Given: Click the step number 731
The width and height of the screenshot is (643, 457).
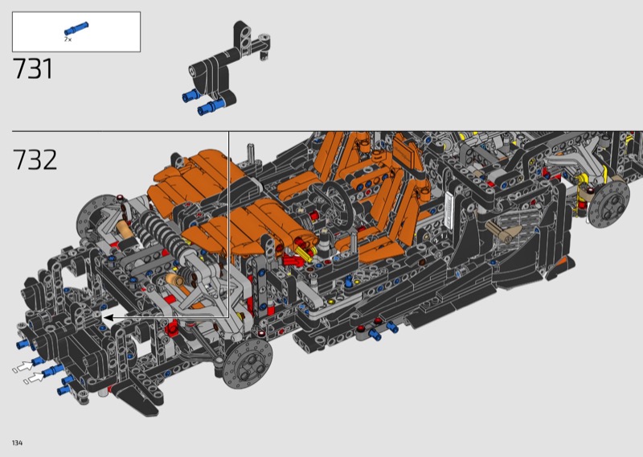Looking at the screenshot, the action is pos(33,68).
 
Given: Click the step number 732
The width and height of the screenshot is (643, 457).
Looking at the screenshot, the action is pos(35,160).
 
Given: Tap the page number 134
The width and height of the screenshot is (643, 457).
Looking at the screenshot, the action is pos(17,443).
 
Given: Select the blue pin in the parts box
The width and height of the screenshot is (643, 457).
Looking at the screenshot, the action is pos(76,29).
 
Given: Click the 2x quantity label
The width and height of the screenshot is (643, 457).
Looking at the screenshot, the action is pos(68,39).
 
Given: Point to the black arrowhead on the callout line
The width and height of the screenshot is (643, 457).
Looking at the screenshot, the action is pos(108,317).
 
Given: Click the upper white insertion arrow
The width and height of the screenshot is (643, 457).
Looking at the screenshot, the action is pos(26,366).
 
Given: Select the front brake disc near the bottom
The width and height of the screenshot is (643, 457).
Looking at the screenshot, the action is pos(248,364).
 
